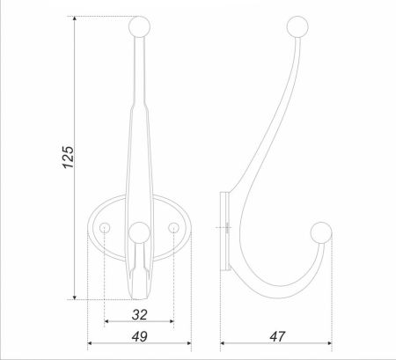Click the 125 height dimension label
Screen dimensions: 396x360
pos(69,157)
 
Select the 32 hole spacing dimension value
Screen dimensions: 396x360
pos(139,315)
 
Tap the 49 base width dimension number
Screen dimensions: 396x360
pos(139,336)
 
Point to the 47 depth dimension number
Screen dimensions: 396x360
pos(277,336)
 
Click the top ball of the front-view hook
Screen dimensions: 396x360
pos(140,26)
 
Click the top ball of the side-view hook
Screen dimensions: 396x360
pos(297,26)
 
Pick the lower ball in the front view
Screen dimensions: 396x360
pos(139,232)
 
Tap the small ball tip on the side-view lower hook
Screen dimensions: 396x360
pos(321,232)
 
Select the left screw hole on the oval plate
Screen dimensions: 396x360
pos(105,228)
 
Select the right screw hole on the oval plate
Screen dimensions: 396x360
pos(173,228)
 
